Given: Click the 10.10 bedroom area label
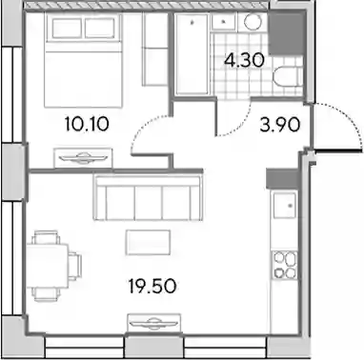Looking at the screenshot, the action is (x=87, y=124).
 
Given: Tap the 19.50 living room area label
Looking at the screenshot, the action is (x=152, y=286).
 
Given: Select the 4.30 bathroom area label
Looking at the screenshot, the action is (x=244, y=60).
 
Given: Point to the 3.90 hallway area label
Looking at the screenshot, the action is (x=279, y=125).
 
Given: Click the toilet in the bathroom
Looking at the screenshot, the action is (x=288, y=76).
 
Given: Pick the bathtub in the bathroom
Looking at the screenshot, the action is (x=192, y=54).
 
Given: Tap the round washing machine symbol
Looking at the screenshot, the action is (x=253, y=22).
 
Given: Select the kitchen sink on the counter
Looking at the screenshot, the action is (x=285, y=206).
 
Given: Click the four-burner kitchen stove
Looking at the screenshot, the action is (x=285, y=266).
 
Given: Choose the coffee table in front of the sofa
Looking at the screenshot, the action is (x=148, y=243).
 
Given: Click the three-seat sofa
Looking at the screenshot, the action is (x=148, y=198).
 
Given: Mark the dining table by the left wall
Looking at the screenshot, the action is (x=48, y=266).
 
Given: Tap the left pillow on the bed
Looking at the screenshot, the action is (x=67, y=28).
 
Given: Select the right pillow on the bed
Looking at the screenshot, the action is (x=100, y=28).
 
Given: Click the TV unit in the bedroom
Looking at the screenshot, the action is (x=84, y=157).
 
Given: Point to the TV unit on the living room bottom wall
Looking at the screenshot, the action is (x=154, y=323).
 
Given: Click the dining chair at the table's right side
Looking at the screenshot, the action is (x=75, y=266).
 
